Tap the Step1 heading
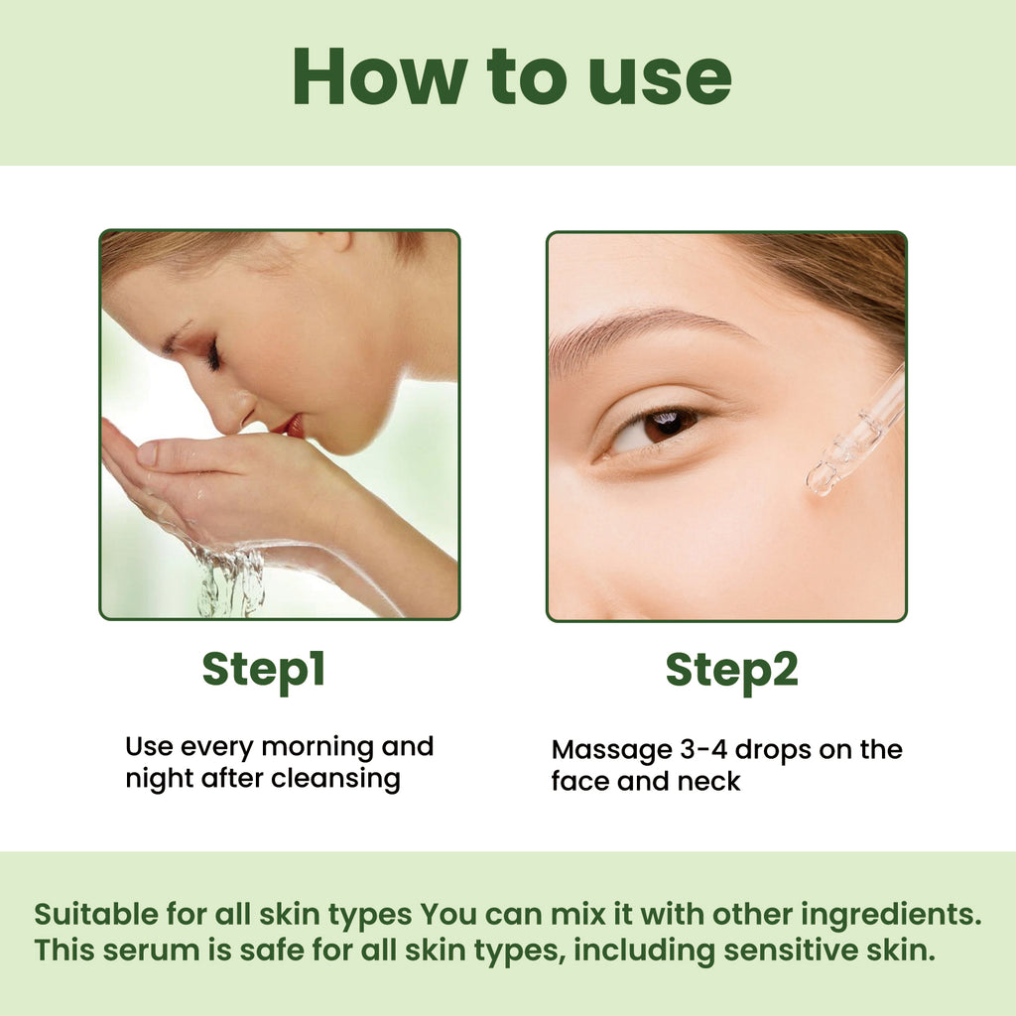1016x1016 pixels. click(x=264, y=671)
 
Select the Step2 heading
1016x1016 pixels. click(x=731, y=671)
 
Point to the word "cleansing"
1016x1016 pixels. click(x=335, y=778)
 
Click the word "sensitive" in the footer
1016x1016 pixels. click(x=787, y=950)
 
